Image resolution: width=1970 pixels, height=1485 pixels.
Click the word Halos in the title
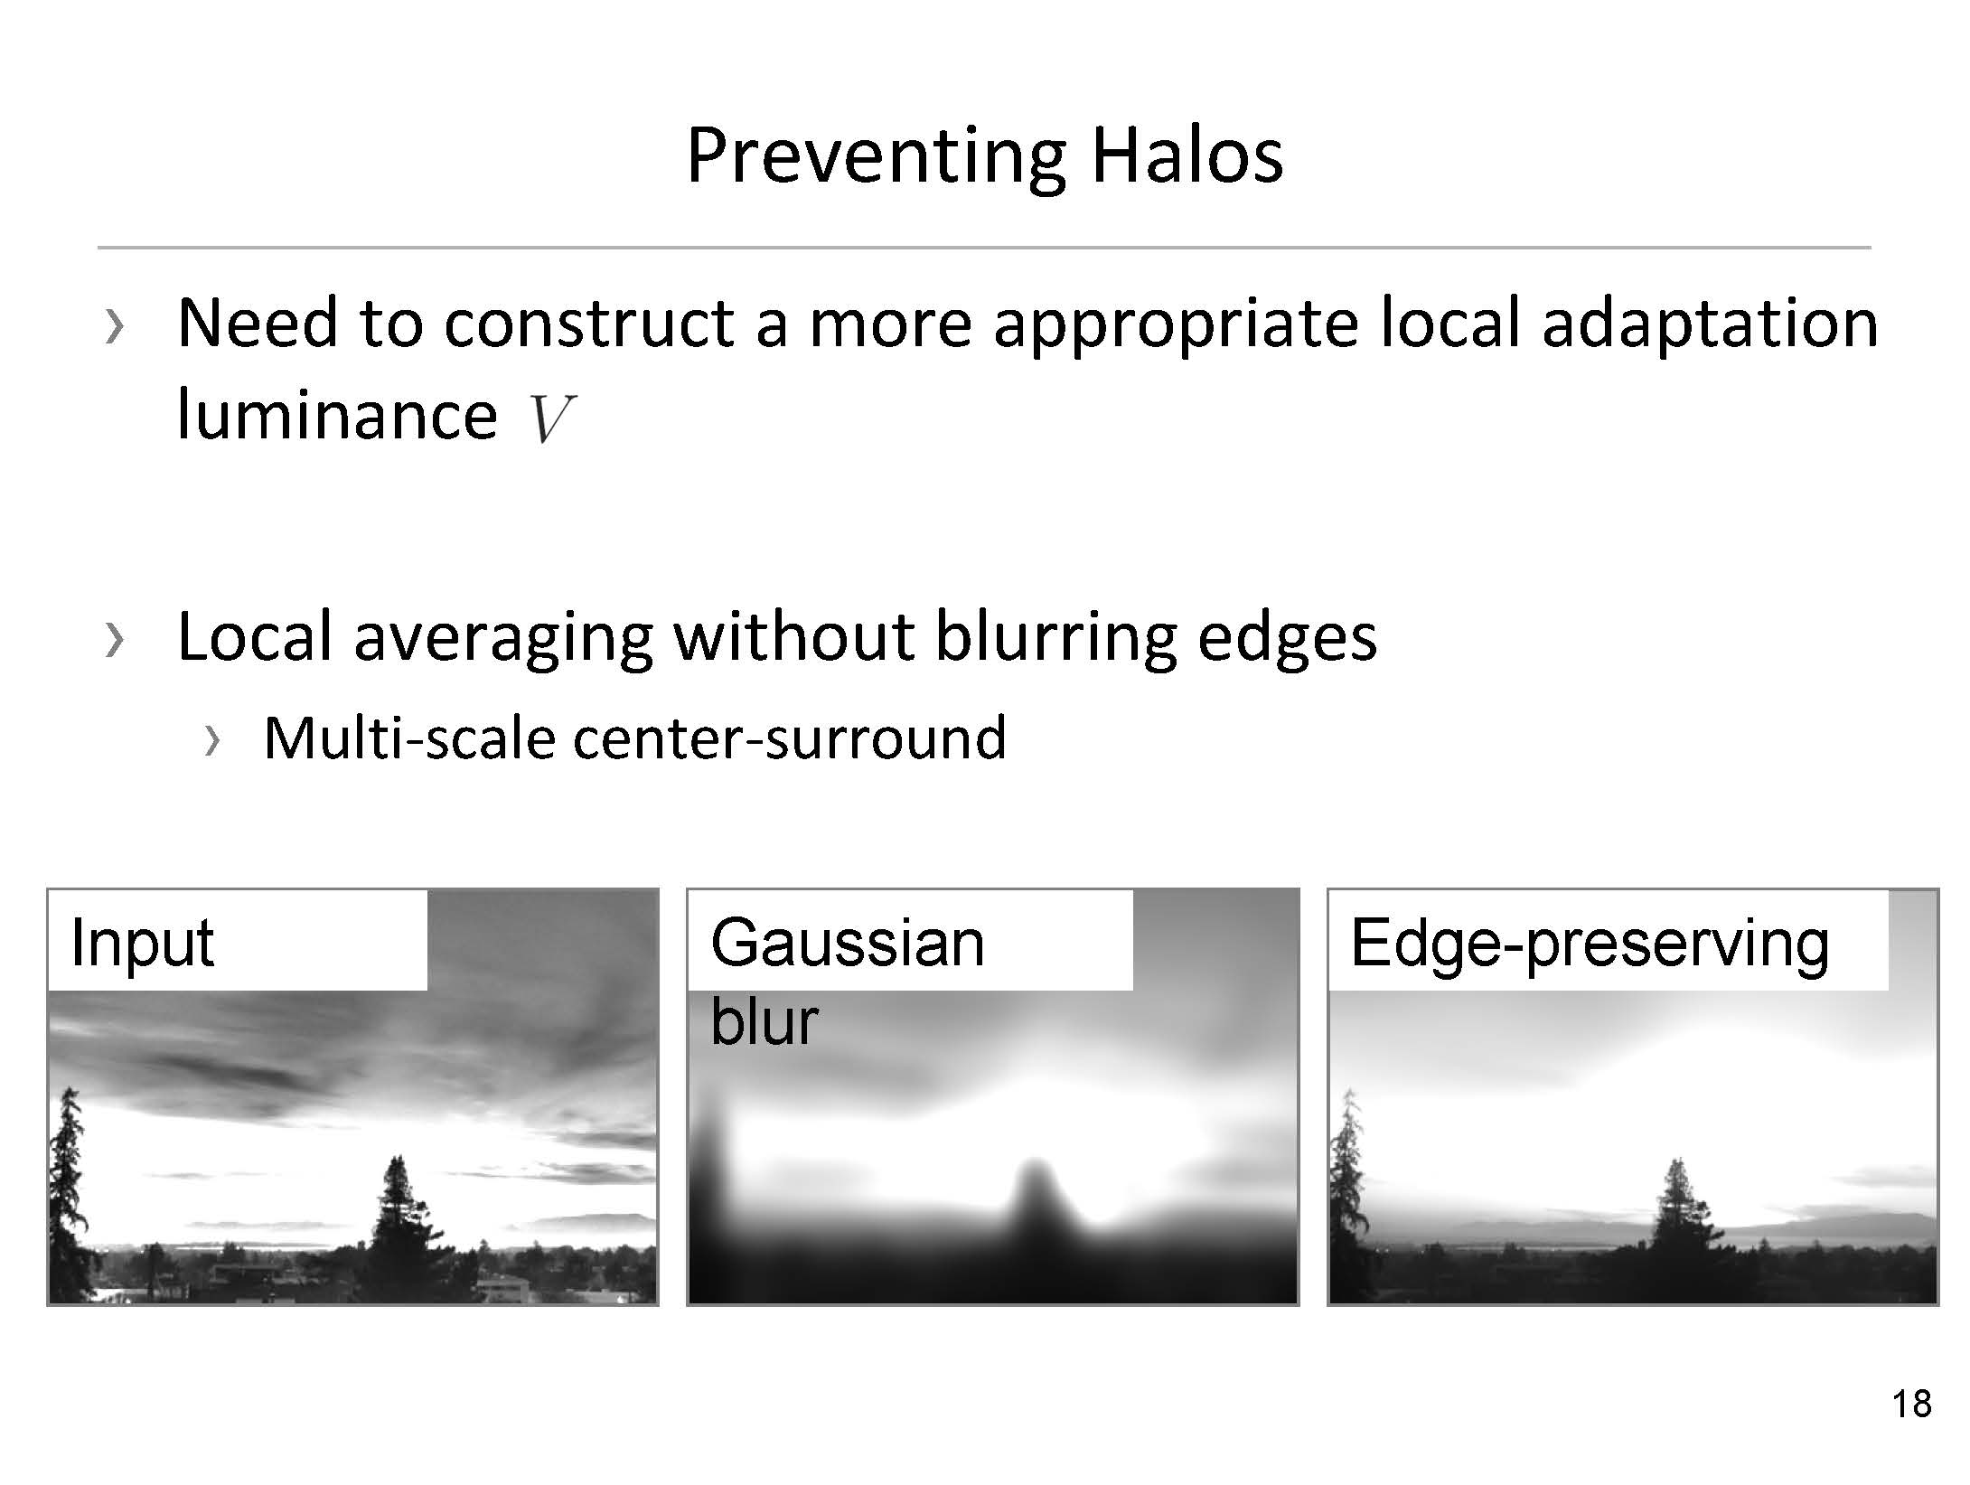click(x=1187, y=155)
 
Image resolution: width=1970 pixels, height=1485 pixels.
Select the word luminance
click(x=337, y=415)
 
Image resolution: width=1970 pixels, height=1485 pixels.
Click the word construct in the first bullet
click(x=589, y=324)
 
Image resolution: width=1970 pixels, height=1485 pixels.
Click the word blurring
click(x=1055, y=641)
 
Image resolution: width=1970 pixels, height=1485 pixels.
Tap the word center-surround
click(x=789, y=738)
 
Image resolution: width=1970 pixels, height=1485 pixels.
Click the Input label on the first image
click(x=142, y=942)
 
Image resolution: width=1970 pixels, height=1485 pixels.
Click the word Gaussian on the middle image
click(x=848, y=942)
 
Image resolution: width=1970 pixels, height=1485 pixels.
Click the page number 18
click(x=1912, y=1404)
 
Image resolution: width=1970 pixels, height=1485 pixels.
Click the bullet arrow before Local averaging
click(x=113, y=640)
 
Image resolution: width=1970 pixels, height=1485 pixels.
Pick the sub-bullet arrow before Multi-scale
click(x=212, y=741)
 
